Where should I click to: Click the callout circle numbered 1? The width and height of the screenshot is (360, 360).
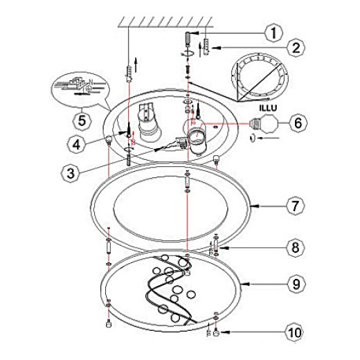(x=273, y=33)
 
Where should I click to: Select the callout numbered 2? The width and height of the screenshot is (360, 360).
(x=296, y=48)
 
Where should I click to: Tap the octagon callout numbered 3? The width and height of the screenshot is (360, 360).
(x=71, y=173)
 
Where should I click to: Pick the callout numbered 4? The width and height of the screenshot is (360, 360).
(x=76, y=145)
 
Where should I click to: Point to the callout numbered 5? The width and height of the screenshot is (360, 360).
(x=82, y=120)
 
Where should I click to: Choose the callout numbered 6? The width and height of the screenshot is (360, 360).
(x=298, y=123)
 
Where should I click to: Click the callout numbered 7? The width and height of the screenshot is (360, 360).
(x=296, y=206)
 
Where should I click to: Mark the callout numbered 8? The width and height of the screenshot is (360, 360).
(x=296, y=248)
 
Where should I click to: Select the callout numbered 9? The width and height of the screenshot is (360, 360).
(x=296, y=284)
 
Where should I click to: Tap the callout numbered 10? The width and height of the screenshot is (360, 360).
(x=296, y=332)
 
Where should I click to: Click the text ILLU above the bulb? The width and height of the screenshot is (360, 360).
(x=268, y=108)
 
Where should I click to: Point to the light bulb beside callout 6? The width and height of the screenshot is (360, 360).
(x=264, y=124)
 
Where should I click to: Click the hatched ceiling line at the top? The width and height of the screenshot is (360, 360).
(x=165, y=22)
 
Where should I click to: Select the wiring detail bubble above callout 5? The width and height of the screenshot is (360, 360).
(x=80, y=89)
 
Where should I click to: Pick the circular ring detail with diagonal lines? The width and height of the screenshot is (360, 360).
(x=260, y=78)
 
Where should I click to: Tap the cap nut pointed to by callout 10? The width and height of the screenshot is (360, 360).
(x=216, y=333)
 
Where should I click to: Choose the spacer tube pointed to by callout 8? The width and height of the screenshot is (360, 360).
(x=216, y=246)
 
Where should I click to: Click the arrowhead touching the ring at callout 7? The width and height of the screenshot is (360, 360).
(x=253, y=206)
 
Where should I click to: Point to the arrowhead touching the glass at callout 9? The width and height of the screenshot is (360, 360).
(x=244, y=284)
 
